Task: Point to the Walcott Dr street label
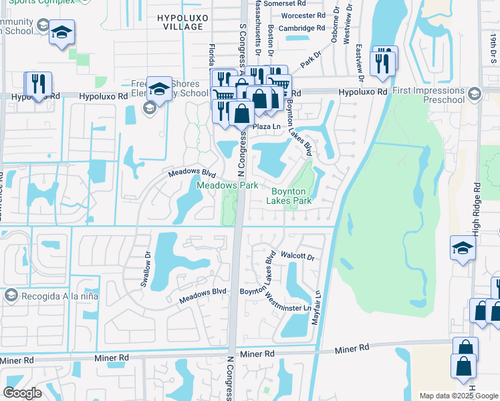[298, 256]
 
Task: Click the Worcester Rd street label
[303, 15]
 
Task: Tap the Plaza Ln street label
[265, 126]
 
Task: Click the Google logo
[23, 393]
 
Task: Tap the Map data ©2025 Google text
[458, 396]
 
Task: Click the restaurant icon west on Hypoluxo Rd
[38, 84]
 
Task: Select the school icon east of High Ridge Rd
[463, 248]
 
